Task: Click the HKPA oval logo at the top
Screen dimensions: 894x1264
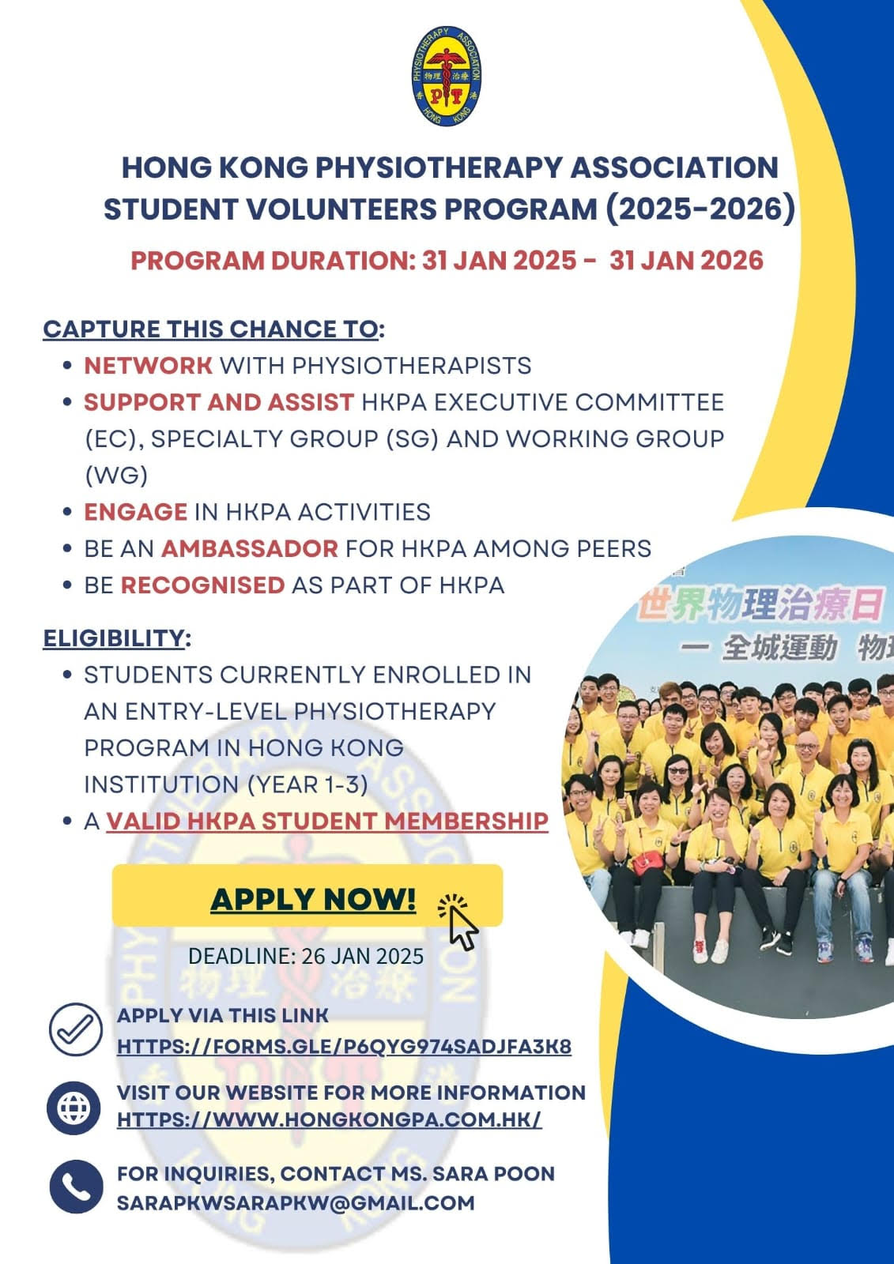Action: [446, 76]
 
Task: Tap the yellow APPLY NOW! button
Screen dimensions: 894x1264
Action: [307, 896]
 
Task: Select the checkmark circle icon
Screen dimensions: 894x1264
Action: [76, 1029]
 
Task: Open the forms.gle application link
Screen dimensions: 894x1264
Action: [344, 1046]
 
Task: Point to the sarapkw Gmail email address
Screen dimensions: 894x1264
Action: [296, 1202]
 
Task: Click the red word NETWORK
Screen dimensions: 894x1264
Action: [148, 366]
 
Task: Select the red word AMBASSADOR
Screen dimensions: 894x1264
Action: [250, 548]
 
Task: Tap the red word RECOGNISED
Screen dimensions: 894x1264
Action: [202, 585]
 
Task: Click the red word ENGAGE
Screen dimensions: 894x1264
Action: [135, 512]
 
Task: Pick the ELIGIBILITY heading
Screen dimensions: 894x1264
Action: [114, 638]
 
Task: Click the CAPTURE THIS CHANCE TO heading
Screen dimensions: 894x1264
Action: [210, 329]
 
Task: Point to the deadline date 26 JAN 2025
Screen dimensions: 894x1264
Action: [363, 956]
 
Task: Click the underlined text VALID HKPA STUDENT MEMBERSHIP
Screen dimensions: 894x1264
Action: [327, 821]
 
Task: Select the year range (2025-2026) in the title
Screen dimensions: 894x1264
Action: [700, 209]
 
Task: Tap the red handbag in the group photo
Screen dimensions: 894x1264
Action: [648, 863]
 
